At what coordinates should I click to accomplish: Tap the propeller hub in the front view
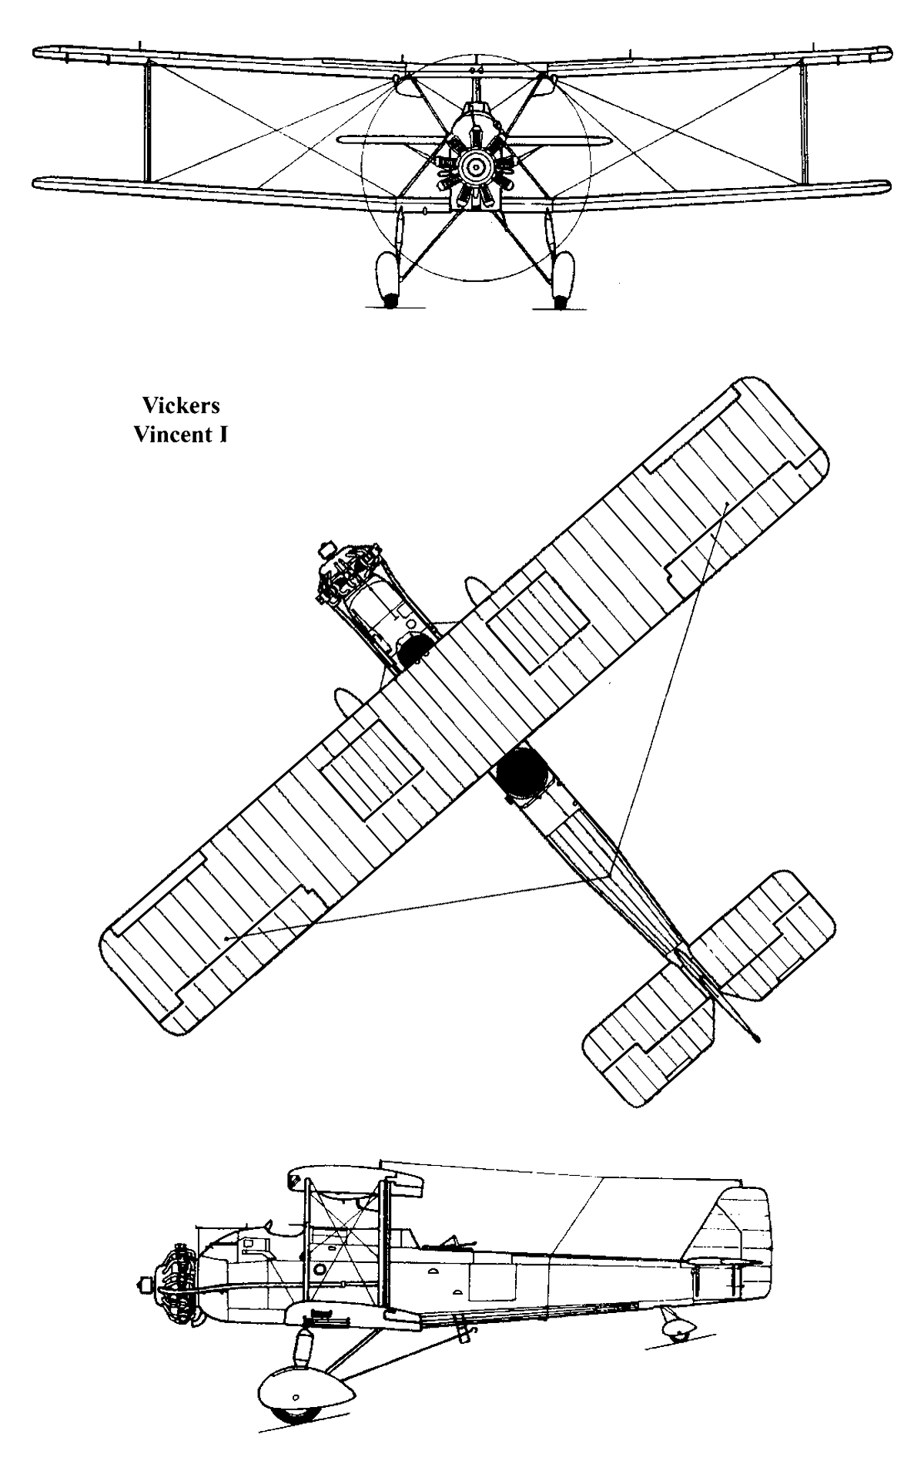(x=475, y=164)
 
